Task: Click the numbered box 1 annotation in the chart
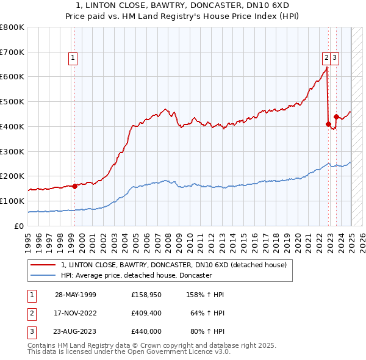[x=73, y=58]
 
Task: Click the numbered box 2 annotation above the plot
[x=326, y=58]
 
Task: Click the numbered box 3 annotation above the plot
[x=335, y=58]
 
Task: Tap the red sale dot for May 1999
[x=74, y=186]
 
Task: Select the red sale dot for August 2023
[x=336, y=116]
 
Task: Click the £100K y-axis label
[x=13, y=201]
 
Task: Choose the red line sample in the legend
[x=44, y=265]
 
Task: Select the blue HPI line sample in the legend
[x=44, y=275]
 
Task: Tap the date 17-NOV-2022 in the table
[x=76, y=312]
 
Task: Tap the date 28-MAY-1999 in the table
[x=76, y=294]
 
